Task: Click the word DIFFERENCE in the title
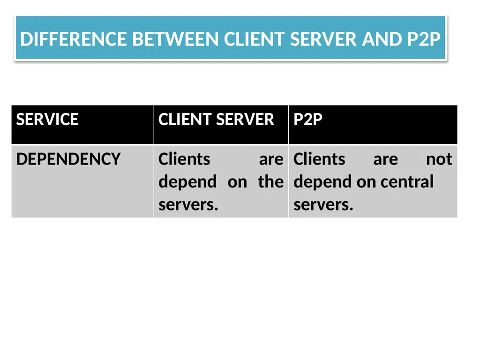tap(74, 39)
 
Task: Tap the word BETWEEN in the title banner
tap(175, 39)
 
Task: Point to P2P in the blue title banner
tap(424, 39)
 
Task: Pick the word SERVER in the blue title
tap(323, 39)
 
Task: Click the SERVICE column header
tap(47, 120)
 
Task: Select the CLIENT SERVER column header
tap(216, 120)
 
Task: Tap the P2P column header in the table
tap(307, 120)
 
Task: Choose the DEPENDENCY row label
tap(68, 159)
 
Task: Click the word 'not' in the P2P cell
tap(439, 159)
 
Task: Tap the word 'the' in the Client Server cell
tap(271, 182)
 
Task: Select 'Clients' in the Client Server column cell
tap(184, 159)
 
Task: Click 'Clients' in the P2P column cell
tap(319, 159)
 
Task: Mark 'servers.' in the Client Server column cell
tap(188, 205)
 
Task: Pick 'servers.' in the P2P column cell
tap(323, 205)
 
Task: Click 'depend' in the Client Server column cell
tap(187, 182)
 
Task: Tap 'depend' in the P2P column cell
tap(322, 182)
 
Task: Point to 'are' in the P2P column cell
tap(386, 160)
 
